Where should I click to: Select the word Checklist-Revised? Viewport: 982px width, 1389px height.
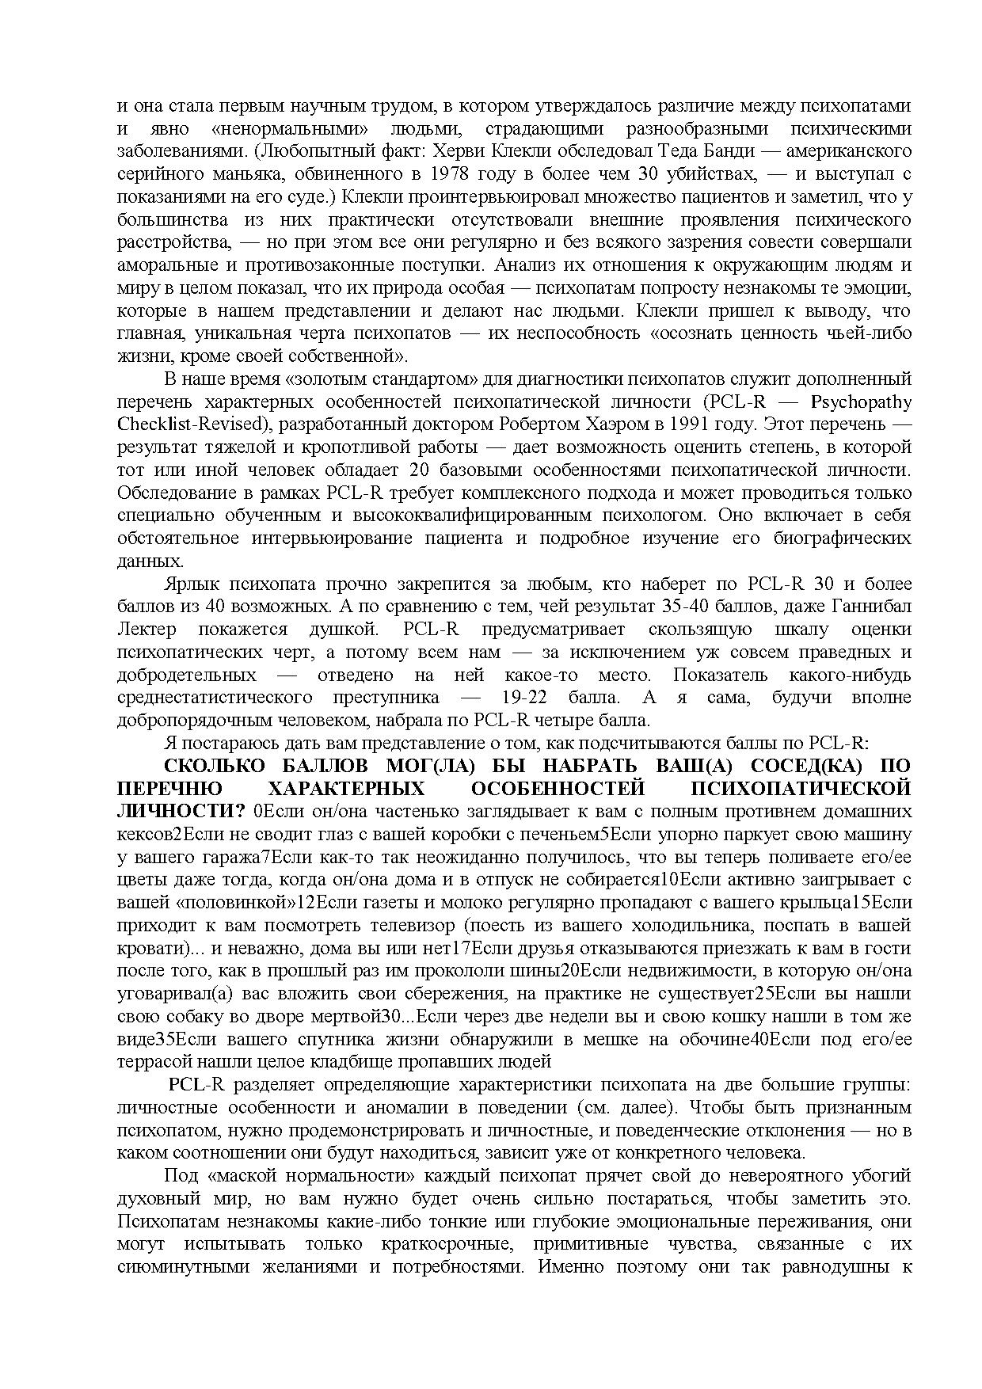click(x=189, y=424)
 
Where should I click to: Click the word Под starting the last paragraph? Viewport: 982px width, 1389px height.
click(x=180, y=1176)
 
